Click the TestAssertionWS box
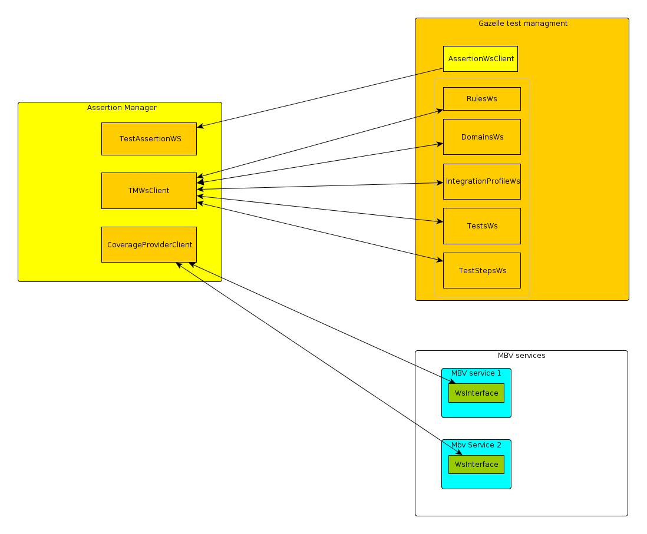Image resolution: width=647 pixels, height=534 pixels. point(149,139)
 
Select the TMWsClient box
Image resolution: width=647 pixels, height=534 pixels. point(149,191)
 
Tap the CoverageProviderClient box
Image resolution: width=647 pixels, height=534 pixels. point(149,244)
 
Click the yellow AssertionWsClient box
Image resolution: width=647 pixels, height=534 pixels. point(480,59)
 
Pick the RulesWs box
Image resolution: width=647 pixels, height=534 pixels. point(481,99)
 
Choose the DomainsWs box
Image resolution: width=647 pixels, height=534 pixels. point(481,137)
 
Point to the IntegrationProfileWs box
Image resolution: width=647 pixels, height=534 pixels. point(481,181)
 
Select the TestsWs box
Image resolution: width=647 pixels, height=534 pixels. point(481,226)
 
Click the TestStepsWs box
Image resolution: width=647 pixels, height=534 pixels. point(481,271)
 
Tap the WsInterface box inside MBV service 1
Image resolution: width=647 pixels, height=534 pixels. point(476,393)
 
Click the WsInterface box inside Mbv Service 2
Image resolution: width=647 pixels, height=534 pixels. point(476,465)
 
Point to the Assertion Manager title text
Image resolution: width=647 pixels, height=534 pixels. point(121,108)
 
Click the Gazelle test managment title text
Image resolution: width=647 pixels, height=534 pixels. point(523,24)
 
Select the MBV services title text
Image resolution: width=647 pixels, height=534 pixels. point(521,356)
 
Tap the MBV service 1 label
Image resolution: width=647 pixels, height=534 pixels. point(476,373)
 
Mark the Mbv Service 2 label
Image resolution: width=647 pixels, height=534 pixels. point(476,445)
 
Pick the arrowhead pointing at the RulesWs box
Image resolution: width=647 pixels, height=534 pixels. point(440,110)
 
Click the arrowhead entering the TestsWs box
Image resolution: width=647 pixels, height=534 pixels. point(440,222)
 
